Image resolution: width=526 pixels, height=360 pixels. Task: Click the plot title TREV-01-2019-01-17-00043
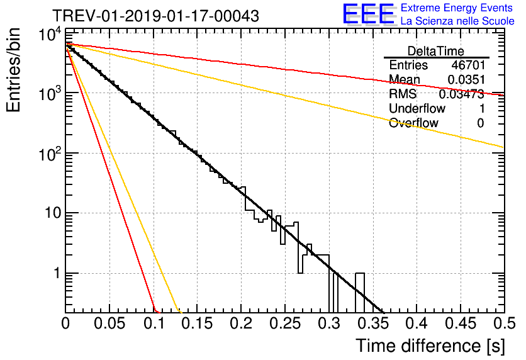(155, 16)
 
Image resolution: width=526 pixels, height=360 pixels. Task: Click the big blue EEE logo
(369, 14)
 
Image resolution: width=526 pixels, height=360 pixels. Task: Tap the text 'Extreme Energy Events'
(457, 8)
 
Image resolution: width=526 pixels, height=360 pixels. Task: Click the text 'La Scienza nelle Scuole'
(457, 21)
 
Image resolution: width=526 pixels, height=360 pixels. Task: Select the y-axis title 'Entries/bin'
(13, 70)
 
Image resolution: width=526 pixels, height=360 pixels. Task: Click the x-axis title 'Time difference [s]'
(430, 346)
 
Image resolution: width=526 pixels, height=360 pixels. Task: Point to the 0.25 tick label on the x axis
(285, 323)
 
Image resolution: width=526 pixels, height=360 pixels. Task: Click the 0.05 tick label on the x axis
(109, 323)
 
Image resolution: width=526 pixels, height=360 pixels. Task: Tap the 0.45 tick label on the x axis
(461, 323)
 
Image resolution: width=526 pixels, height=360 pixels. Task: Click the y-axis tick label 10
(53, 213)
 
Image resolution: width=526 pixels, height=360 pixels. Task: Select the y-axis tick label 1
(57, 273)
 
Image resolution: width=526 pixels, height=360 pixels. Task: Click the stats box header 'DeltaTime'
(436, 51)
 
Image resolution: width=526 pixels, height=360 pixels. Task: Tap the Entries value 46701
(468, 65)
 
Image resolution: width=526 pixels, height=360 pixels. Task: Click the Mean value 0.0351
(466, 79)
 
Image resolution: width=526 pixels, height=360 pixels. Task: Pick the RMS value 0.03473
(462, 94)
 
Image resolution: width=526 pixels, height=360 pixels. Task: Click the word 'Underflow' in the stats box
(417, 108)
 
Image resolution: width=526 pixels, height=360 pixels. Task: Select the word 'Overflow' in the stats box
(413, 123)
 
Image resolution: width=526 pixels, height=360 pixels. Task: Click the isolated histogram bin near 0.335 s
(360, 293)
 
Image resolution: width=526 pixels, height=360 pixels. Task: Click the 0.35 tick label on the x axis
(373, 323)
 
